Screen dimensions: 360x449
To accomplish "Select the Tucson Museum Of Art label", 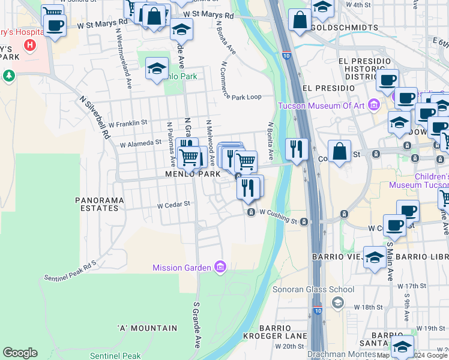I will point(322,106).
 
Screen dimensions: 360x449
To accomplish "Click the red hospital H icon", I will point(29,45).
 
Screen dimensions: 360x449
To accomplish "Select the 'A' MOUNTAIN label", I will point(148,328).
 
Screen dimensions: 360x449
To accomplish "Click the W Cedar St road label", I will point(173,205).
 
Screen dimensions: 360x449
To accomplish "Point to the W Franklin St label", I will point(128,123).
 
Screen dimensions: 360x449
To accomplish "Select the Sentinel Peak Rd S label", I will point(70,271).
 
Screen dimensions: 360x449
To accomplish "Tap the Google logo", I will point(20,353).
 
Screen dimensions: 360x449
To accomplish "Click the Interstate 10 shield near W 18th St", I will point(317,311).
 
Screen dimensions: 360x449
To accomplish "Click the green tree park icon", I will point(8,76).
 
